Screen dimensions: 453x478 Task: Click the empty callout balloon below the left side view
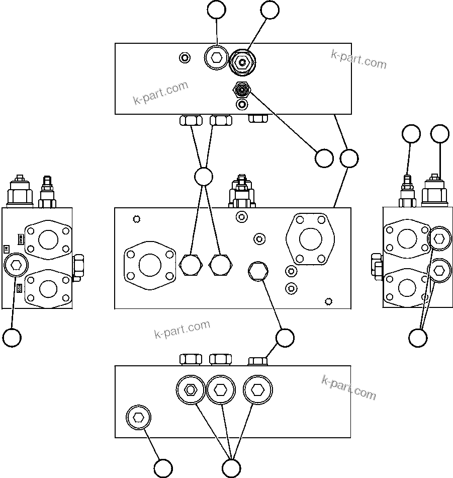[12, 337]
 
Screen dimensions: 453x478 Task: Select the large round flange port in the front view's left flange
[150, 265]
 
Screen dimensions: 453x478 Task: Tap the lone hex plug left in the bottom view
[138, 417]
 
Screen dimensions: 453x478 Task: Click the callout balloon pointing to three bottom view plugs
[231, 468]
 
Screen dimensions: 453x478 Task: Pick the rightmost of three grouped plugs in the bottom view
[257, 390]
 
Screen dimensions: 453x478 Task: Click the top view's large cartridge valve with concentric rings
[243, 63]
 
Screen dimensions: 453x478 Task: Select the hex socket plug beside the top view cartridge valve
[217, 58]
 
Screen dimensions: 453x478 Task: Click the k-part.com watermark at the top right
[358, 59]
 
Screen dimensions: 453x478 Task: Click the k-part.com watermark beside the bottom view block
[348, 387]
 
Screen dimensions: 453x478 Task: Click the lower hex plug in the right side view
[439, 271]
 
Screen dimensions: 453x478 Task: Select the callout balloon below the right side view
[418, 338]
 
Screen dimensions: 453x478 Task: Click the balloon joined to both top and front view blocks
[349, 158]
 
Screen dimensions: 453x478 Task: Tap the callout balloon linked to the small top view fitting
[324, 158]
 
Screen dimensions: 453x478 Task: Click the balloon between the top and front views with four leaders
[204, 176]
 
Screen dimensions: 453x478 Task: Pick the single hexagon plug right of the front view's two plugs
[258, 272]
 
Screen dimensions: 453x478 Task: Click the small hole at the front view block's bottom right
[328, 301]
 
